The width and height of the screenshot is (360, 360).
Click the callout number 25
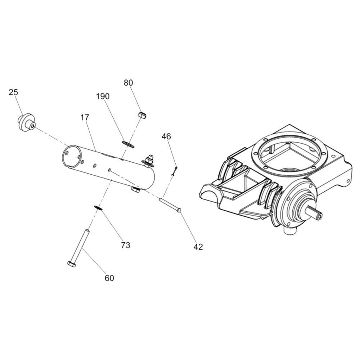coord(13,93)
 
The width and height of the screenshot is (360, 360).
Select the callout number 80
coord(128,83)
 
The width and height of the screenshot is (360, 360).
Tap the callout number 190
coord(103,96)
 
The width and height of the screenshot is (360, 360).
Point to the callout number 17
coord(85,117)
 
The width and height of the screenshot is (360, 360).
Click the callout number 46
coord(166,136)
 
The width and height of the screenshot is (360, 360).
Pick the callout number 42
coord(198,247)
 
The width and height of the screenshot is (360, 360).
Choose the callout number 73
coord(126,245)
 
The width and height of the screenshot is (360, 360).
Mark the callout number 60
coord(109,278)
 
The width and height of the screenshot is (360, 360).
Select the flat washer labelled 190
coord(128,144)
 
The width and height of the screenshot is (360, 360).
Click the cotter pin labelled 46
coord(175,170)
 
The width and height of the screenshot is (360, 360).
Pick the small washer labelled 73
coord(98,207)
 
